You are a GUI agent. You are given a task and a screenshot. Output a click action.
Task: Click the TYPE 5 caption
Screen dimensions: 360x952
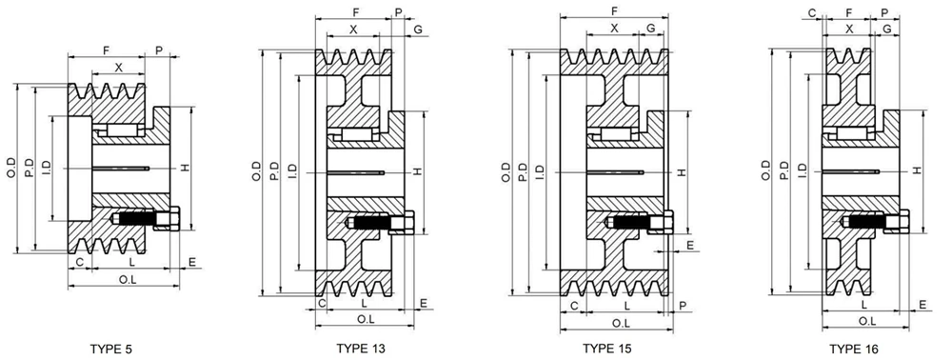click(111, 350)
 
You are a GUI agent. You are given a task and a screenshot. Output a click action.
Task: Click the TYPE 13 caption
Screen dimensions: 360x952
click(361, 350)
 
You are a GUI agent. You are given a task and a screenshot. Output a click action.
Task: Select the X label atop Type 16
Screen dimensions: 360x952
click(849, 30)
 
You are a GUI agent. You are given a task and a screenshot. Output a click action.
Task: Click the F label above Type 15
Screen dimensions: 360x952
click(614, 10)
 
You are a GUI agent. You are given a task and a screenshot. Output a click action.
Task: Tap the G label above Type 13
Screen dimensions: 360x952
click(419, 30)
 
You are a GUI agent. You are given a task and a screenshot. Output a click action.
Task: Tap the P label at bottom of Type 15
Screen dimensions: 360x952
click(684, 305)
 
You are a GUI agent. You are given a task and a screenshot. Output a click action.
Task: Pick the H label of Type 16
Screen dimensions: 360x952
click(916, 170)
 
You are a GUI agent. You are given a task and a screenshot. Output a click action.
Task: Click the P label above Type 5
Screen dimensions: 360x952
click(158, 49)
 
